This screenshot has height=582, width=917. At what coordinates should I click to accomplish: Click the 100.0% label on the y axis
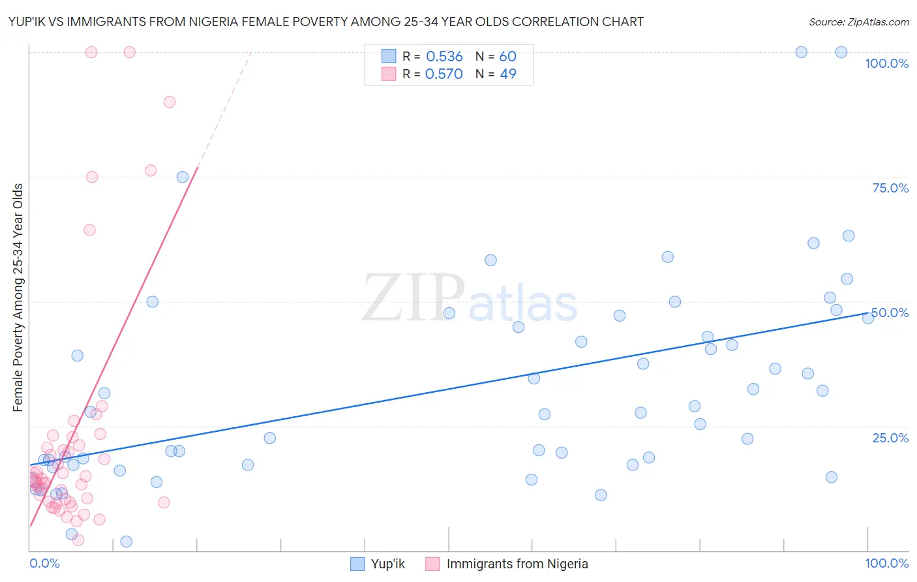(x=886, y=63)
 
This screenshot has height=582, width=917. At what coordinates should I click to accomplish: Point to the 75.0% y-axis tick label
(x=890, y=188)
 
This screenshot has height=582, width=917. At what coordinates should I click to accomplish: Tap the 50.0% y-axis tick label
(x=890, y=313)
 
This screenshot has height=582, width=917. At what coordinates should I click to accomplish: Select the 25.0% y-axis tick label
(x=890, y=438)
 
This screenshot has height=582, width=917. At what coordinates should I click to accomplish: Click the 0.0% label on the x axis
(x=44, y=563)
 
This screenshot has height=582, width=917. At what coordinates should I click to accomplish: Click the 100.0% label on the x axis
(x=886, y=563)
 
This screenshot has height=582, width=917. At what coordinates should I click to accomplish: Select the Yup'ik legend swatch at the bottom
(x=357, y=564)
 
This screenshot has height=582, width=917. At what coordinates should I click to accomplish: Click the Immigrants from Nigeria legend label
(x=517, y=564)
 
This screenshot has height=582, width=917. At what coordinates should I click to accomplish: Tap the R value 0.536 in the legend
(x=444, y=57)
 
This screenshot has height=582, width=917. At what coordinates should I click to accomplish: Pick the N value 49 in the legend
(x=508, y=74)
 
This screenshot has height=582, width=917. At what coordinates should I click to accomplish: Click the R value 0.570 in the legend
(x=444, y=74)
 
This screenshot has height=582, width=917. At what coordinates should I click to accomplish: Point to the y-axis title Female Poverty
(x=18, y=298)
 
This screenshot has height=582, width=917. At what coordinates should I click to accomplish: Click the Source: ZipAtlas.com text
(x=858, y=22)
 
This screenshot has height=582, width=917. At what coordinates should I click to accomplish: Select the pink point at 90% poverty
(x=170, y=102)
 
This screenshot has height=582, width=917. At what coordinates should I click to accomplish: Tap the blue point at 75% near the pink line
(x=183, y=177)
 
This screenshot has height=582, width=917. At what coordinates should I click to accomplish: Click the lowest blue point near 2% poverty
(x=127, y=542)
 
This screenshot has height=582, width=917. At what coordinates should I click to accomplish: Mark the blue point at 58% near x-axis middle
(x=491, y=260)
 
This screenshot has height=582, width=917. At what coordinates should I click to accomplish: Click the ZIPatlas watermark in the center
(x=470, y=299)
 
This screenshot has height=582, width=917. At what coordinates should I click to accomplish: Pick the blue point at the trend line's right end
(x=868, y=318)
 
